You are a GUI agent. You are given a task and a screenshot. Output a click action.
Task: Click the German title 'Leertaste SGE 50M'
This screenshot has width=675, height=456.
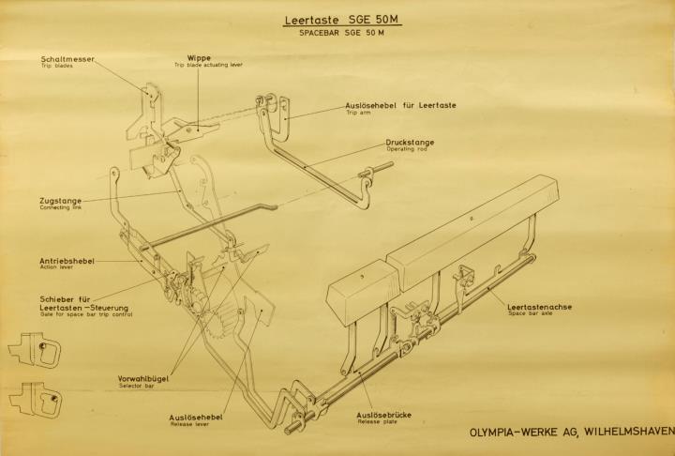point(342,21)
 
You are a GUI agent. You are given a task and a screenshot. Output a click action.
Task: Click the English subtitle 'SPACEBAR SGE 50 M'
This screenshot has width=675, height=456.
point(342,33)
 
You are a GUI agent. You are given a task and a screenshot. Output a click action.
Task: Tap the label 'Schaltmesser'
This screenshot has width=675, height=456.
point(67,59)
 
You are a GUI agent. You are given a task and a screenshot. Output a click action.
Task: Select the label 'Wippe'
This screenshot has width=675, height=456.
point(199,58)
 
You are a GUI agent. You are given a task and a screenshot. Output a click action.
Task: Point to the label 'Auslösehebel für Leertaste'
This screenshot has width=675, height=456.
point(401,105)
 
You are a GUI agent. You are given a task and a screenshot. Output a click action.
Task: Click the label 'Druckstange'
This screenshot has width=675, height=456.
point(410,143)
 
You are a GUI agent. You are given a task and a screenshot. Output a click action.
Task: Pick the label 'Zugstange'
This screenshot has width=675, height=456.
point(61,201)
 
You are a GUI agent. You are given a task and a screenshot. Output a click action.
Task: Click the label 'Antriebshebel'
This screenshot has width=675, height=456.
point(67,261)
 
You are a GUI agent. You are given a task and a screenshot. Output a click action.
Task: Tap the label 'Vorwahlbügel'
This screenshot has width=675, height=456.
point(143,379)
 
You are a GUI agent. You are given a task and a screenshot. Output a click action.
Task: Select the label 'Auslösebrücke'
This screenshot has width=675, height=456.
point(384,415)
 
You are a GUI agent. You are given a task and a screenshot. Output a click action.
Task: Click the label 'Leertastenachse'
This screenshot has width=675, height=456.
point(539,307)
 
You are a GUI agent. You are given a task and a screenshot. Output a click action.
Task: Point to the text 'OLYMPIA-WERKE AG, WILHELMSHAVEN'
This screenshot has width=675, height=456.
point(572,432)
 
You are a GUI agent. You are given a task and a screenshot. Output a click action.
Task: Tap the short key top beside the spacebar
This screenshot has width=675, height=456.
point(364,292)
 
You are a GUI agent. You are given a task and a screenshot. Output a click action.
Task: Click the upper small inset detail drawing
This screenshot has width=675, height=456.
point(35,349)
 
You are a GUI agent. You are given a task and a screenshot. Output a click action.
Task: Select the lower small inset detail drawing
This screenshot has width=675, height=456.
point(36,399)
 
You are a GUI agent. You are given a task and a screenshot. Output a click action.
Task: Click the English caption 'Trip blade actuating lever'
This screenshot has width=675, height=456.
point(208,65)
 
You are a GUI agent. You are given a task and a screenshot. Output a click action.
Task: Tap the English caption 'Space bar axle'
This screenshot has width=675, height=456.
point(530,313)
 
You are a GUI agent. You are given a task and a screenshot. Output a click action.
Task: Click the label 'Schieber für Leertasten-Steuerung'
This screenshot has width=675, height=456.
point(84,303)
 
